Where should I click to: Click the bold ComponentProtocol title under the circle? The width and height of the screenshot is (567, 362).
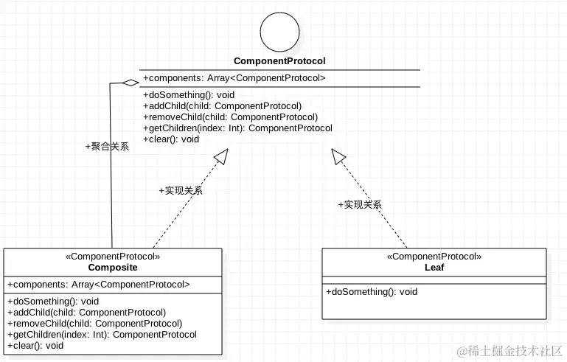point(279,61)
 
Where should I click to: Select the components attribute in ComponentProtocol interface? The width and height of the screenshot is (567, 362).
point(234,78)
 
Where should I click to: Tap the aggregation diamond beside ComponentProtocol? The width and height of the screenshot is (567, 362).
point(131,82)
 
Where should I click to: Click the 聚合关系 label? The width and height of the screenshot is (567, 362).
point(108,146)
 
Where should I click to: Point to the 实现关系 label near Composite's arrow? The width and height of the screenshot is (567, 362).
point(181,190)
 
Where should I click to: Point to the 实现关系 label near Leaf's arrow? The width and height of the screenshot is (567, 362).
point(360,204)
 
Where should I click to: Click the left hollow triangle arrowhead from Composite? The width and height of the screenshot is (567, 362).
point(221,156)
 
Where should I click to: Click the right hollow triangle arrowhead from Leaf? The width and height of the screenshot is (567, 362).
point(338,156)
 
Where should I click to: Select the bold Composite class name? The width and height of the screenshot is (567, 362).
point(113,267)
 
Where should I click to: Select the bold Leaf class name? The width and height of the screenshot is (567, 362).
point(434,267)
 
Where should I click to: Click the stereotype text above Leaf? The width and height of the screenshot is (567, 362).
point(434,257)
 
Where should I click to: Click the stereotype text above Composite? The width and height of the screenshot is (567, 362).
point(113,257)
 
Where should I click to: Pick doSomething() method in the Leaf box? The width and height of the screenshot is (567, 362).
point(372,292)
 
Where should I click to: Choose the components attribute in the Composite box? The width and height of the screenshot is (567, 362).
point(99,284)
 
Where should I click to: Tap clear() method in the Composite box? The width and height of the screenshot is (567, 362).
point(35,345)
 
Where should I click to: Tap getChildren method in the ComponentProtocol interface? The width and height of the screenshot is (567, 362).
point(237,128)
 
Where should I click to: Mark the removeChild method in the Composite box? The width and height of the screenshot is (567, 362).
point(94,323)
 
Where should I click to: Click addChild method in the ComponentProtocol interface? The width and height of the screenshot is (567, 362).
point(222,105)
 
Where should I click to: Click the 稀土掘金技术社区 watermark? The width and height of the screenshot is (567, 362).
point(510,350)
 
